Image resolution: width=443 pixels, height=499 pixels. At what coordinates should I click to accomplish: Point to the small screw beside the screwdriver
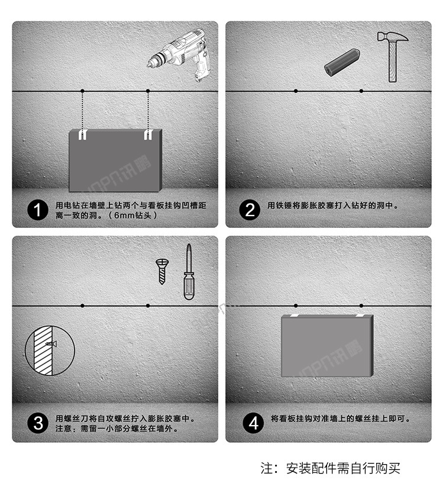click(161, 271)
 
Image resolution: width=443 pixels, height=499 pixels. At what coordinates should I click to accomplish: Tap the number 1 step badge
click(39, 210)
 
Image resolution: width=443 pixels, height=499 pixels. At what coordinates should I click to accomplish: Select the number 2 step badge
click(250, 210)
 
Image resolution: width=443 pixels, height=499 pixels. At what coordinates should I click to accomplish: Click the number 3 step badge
click(39, 423)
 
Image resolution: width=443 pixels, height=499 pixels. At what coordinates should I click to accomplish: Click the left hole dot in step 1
click(83, 91)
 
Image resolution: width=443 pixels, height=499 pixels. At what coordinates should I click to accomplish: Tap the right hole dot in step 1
click(148, 91)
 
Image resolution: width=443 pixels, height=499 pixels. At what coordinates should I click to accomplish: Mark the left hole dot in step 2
click(296, 91)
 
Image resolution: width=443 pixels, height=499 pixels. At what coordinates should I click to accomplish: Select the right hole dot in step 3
click(148, 305)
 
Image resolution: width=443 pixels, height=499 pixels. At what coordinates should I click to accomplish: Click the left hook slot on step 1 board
click(83, 135)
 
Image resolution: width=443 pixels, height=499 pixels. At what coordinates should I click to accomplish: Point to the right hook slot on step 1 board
click(148, 135)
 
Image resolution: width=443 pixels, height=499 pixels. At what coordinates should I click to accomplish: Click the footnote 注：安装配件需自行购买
click(331, 468)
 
